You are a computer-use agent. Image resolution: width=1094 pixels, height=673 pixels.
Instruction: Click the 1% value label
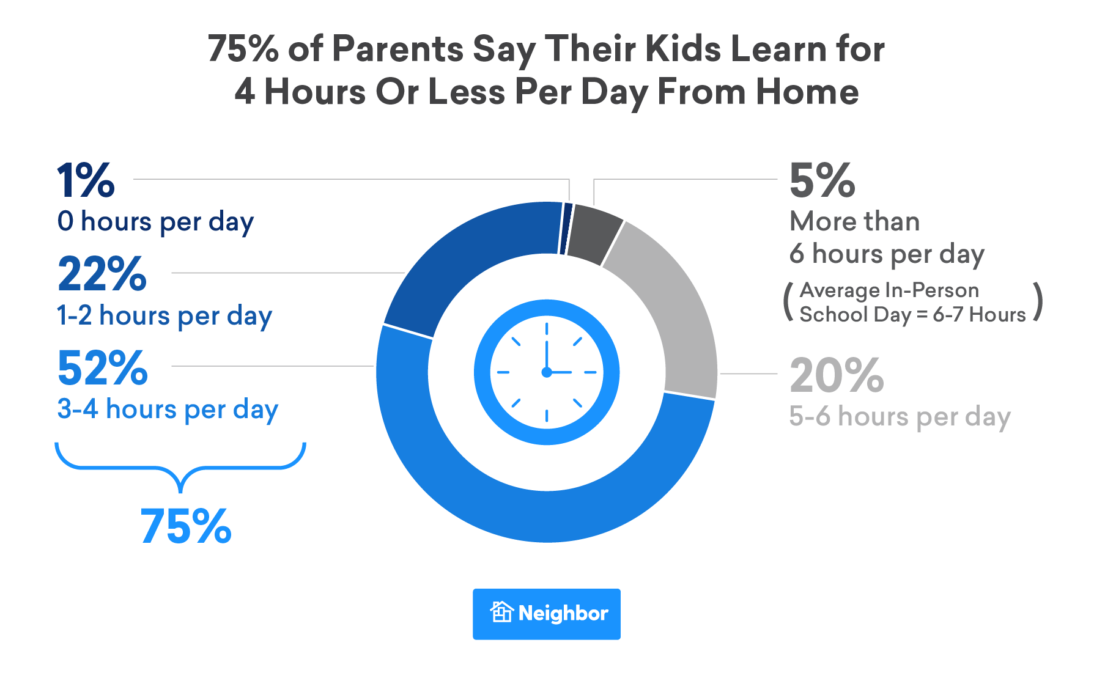pos(86,181)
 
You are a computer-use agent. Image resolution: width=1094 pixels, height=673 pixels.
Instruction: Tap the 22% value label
pos(102,274)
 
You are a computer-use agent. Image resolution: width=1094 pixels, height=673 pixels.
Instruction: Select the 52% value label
pos(103,369)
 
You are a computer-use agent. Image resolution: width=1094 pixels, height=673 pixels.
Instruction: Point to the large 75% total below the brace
pos(186,526)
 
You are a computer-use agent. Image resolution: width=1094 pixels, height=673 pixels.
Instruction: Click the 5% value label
pos(822,181)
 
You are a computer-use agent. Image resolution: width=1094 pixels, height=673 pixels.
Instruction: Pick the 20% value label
pos(837,375)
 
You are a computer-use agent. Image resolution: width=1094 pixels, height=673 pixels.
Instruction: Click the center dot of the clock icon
pos(547,372)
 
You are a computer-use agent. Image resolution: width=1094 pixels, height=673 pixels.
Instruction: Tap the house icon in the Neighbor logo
pos(501,612)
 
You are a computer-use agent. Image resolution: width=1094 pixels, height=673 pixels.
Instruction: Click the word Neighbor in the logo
pos(563,613)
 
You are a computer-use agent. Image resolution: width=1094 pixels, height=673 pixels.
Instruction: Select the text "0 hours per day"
pos(155,222)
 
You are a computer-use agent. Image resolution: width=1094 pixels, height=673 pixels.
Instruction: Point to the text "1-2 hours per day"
pos(164,316)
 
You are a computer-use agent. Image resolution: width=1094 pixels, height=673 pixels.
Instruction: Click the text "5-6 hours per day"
pos(900,417)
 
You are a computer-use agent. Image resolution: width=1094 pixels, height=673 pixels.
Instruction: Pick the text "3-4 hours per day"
pos(168,410)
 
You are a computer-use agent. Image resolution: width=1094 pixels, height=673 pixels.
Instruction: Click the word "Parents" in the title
pos(398,49)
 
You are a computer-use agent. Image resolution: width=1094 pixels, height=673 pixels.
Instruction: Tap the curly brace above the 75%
pos(180,468)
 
